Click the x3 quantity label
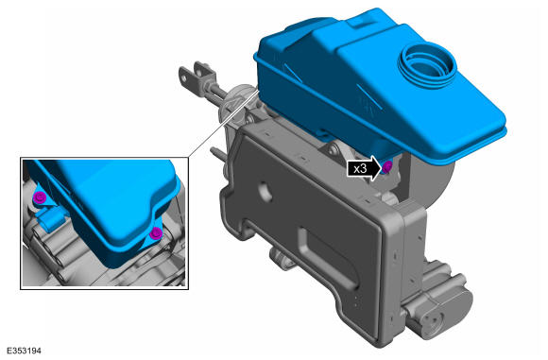coord(360,169)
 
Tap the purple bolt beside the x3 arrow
coord(386,167)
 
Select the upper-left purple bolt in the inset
coord(40,198)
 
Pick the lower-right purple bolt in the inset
coord(156,233)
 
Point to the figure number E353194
coord(24,351)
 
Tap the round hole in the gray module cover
coord(265,191)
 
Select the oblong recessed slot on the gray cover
coord(328,258)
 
